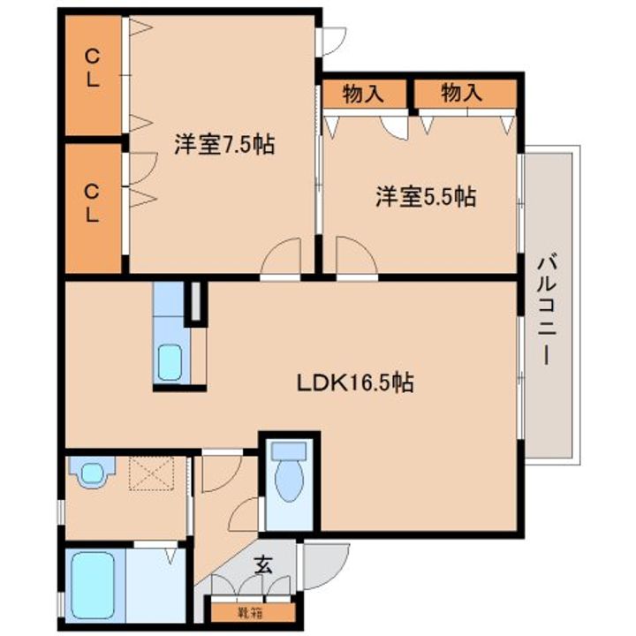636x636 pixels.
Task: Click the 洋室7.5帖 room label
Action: (223, 145)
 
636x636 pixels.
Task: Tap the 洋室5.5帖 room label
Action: (426, 196)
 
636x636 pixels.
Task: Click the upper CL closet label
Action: (92, 68)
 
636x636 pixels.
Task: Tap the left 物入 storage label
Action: (362, 92)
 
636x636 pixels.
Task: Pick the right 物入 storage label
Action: (461, 92)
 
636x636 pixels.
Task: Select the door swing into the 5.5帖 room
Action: (355, 260)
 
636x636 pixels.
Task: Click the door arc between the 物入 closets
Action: (395, 124)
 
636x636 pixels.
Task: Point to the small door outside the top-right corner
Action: (333, 41)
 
